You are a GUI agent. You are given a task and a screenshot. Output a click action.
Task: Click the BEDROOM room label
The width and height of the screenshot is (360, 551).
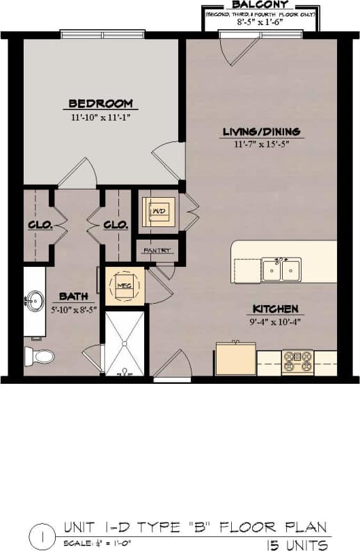100,104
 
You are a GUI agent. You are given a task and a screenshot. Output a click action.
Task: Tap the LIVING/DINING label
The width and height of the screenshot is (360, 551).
261,132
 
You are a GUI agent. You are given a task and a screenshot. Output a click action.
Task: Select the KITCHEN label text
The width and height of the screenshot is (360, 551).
275,309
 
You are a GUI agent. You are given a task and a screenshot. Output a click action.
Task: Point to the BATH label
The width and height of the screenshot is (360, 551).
73,295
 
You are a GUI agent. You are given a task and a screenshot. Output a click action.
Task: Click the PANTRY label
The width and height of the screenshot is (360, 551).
157,249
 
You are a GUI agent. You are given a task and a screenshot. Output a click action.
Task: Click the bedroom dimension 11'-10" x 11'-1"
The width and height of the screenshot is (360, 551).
101,118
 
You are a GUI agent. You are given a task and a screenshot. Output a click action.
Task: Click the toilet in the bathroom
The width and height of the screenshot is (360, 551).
40,356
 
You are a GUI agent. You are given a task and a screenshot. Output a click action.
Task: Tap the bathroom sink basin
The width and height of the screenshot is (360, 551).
33,302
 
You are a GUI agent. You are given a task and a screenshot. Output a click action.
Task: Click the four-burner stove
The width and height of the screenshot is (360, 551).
297,362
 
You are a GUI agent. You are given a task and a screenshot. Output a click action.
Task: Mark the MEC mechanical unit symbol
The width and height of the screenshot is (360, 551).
125,285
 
